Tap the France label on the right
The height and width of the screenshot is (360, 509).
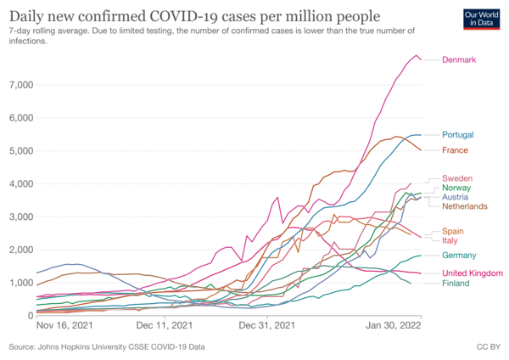click(456, 150)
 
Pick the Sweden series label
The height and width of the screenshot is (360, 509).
click(458, 177)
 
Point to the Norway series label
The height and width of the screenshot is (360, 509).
click(458, 188)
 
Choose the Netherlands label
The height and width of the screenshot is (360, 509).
click(465, 206)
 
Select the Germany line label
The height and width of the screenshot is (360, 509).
click(460, 256)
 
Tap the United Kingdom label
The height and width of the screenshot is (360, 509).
click(471, 273)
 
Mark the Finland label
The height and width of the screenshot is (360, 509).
click(457, 283)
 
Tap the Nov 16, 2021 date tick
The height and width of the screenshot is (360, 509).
click(64, 324)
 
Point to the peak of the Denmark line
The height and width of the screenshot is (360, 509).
click(417, 56)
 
